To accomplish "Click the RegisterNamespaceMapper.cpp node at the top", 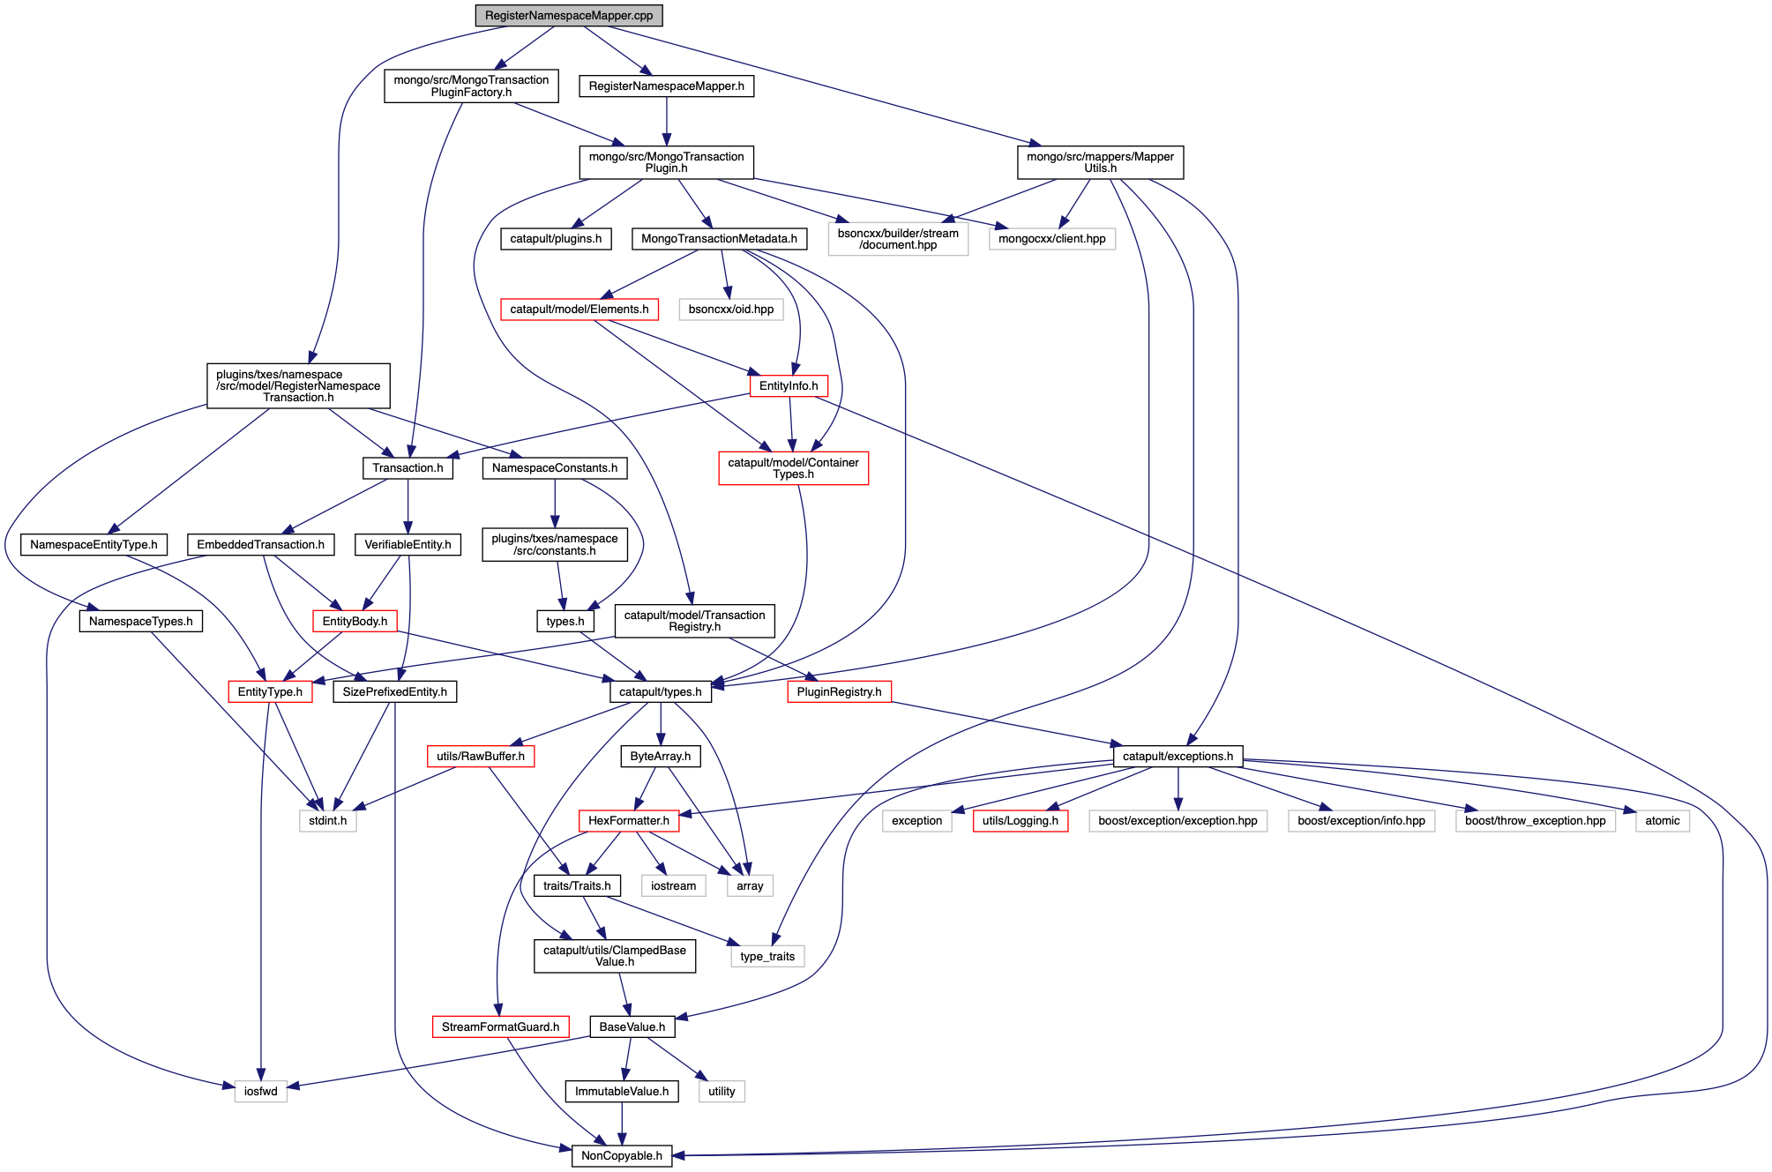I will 568,16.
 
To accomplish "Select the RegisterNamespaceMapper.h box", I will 666,86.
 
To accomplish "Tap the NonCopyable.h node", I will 621,1155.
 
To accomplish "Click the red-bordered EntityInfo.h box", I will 788,385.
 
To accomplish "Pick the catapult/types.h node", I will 660,691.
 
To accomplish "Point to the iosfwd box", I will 260,1091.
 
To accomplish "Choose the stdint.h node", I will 327,820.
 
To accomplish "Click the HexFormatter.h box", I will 628,820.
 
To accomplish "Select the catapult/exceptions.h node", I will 1177,756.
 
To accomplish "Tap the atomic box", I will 1662,820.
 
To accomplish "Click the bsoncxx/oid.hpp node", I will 730,310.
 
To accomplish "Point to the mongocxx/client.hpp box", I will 1051,239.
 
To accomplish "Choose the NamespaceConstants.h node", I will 554,467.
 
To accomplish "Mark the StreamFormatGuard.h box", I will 500,1026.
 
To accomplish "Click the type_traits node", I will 766,956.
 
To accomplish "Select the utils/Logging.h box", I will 1020,820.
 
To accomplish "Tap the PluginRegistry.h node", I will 838,691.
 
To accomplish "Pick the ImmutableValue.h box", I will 621,1091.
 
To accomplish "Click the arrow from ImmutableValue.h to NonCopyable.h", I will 622,1123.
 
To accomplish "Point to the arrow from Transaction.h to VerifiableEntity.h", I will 407,506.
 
